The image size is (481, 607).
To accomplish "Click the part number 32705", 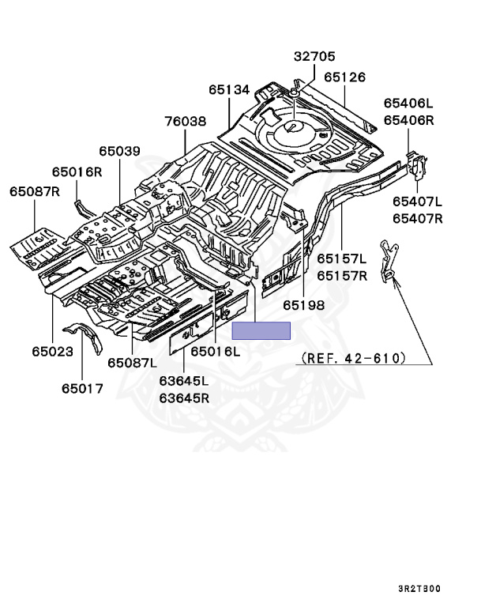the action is pos(314,57).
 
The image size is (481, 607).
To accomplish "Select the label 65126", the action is pos(344,77).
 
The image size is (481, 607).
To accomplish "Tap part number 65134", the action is pos(230,91).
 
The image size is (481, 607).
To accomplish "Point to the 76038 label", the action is pos(186,122).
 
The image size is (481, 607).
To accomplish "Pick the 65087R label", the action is pos(35,191).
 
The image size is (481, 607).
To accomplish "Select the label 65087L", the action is pos(132,362).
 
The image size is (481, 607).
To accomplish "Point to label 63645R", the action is pos(183,398).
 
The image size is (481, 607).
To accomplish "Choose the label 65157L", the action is pos(342,258).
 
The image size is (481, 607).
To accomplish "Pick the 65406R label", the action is pos(409,120).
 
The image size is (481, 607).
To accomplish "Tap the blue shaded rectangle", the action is pos(261,331).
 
